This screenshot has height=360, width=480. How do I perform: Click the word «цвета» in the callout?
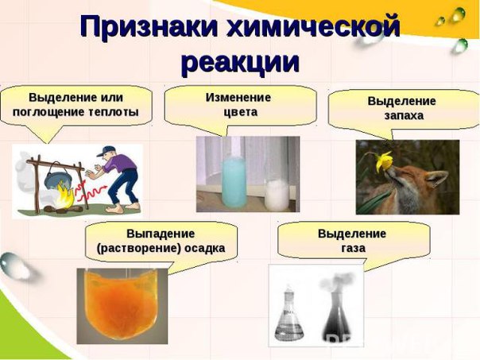click(240, 112)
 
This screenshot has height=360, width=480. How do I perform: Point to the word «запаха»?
click(404, 116)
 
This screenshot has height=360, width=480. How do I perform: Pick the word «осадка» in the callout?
click(204, 248)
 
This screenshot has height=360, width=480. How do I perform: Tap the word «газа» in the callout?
click(354, 248)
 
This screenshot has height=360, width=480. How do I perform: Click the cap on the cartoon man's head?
click(106, 151)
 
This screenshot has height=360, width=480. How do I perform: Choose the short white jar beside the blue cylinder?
click(277, 195)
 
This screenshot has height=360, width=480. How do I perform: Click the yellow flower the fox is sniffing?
click(384, 161)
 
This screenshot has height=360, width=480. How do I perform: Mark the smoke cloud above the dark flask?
click(337, 282)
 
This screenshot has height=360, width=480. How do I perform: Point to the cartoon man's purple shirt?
click(120, 164)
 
